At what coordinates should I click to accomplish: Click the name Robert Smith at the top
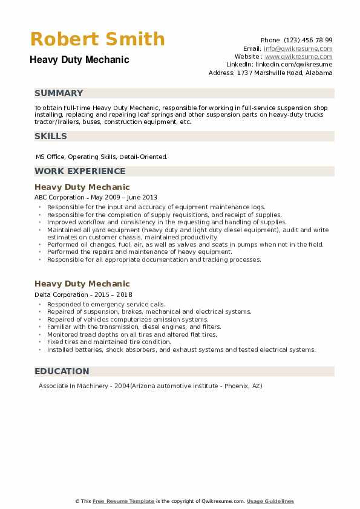click(x=97, y=39)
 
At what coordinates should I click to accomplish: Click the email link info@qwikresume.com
click(x=298, y=48)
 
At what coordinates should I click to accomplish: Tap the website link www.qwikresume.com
click(x=299, y=56)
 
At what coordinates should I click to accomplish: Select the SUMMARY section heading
click(x=59, y=93)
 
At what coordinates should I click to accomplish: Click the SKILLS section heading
click(x=51, y=136)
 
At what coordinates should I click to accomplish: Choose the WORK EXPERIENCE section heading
click(x=80, y=171)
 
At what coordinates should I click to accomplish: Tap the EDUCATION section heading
click(x=62, y=371)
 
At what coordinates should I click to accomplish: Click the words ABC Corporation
click(x=59, y=197)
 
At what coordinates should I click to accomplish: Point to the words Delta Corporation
click(x=61, y=294)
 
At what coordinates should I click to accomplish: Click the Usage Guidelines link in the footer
click(x=270, y=501)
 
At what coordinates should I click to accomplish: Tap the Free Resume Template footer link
click(x=123, y=501)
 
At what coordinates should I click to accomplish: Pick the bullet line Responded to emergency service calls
click(x=106, y=304)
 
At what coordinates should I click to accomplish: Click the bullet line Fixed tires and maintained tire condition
click(x=109, y=342)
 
